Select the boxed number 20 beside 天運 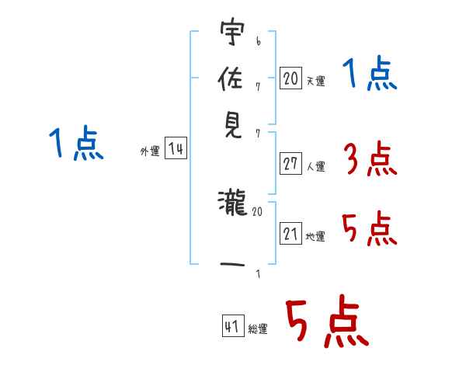290,78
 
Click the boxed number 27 290,164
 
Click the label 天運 315,81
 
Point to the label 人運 315,166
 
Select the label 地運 315,237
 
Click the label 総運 258,328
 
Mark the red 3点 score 368,160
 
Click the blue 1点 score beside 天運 369,75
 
